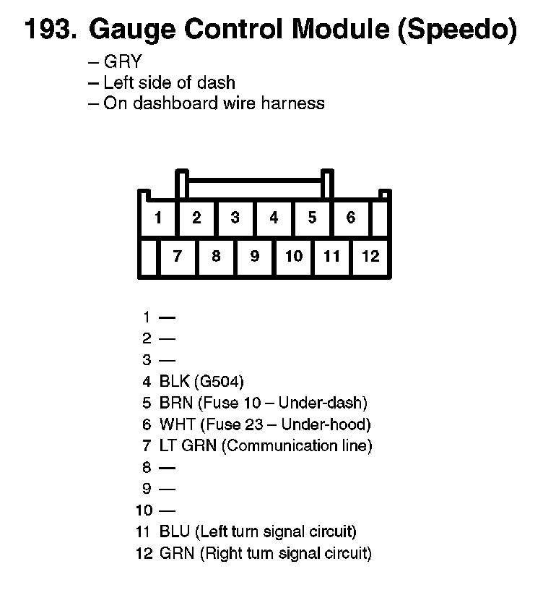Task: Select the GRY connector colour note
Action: (x=123, y=62)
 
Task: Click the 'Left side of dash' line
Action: (x=169, y=82)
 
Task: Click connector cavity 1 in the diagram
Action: (x=157, y=218)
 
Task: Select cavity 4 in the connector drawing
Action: (x=274, y=218)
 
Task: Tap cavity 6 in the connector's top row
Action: (x=351, y=218)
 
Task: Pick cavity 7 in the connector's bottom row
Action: (x=178, y=256)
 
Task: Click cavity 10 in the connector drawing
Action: (x=293, y=256)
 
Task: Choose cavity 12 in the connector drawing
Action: (x=370, y=256)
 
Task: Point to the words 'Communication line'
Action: (x=297, y=445)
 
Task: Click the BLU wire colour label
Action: (x=175, y=532)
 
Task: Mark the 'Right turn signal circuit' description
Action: (x=286, y=554)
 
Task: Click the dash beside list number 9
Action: (x=167, y=489)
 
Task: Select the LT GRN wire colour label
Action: (x=188, y=445)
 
